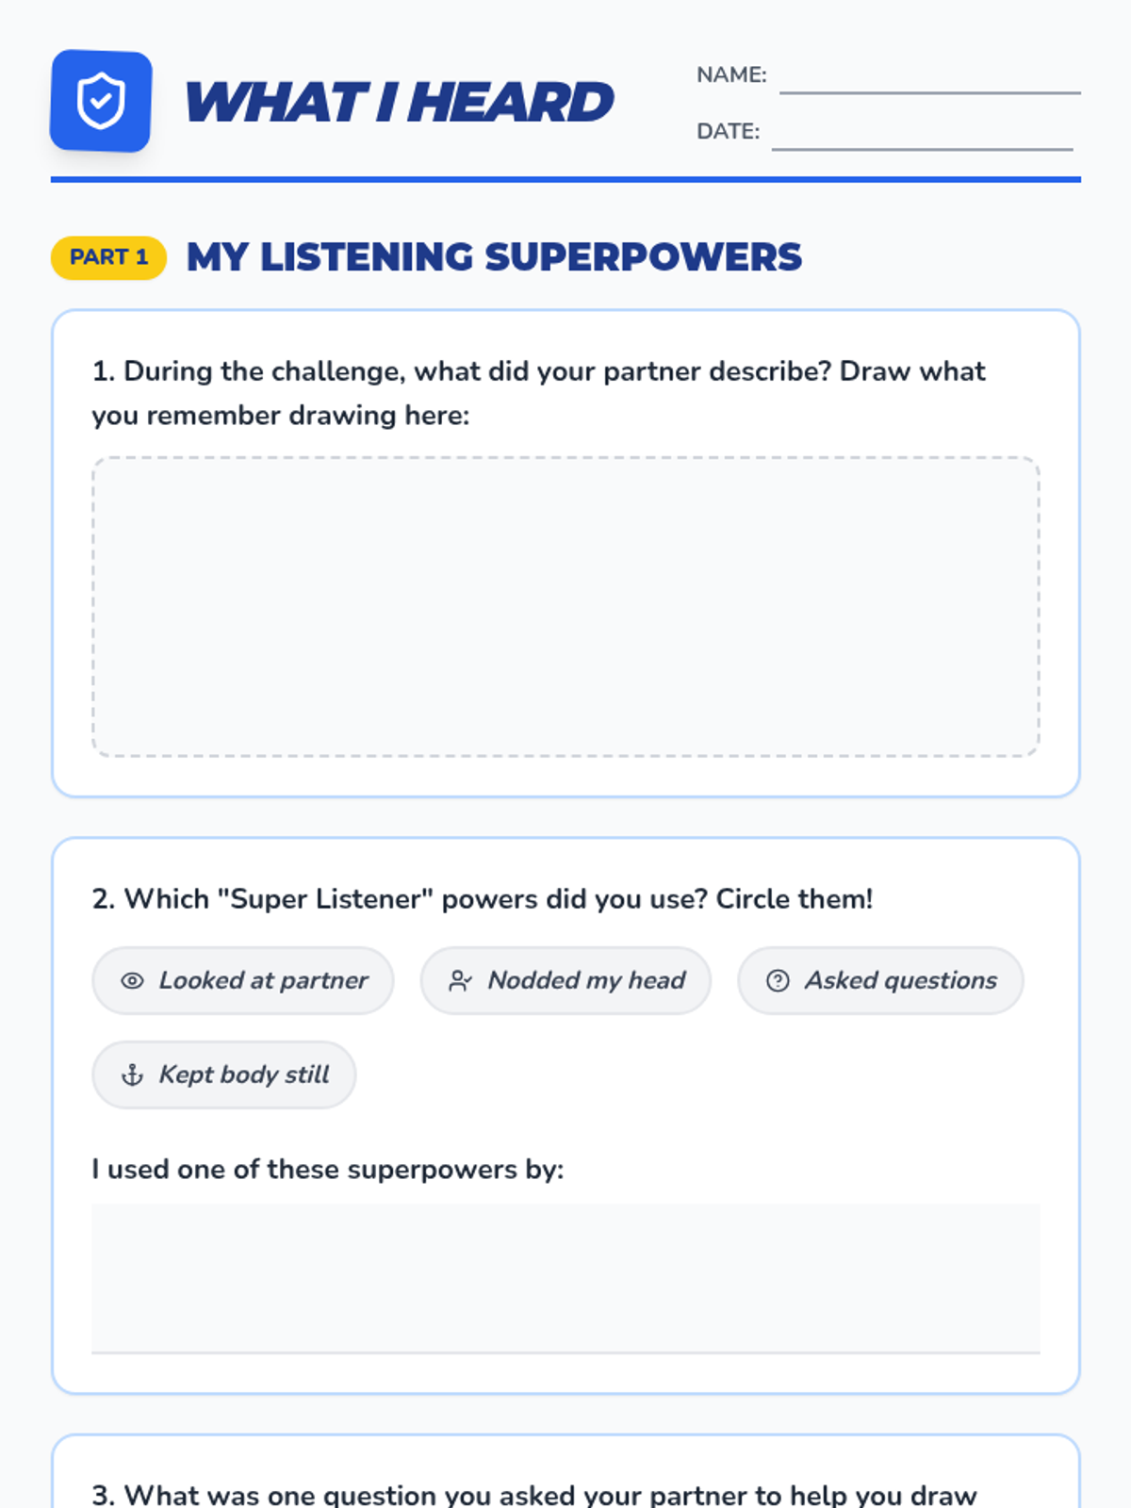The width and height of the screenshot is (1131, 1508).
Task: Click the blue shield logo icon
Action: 101,101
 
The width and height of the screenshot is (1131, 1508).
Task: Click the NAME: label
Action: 731,74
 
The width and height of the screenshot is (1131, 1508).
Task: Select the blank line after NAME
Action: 930,92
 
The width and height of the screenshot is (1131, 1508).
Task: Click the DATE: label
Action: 728,131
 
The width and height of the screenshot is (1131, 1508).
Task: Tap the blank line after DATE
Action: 923,148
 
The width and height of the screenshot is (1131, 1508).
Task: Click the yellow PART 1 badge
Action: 108,257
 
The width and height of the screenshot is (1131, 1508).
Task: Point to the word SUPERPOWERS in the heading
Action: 644,257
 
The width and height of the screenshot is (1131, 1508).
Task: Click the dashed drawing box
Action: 565,607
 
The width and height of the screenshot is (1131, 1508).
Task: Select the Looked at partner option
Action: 243,980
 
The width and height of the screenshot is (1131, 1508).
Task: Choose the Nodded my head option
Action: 565,980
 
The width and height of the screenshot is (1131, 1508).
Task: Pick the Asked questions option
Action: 880,980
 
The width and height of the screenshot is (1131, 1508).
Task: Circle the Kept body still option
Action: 224,1074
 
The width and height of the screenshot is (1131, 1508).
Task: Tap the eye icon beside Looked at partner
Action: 133,981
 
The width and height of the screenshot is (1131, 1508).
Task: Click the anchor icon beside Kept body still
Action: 133,1074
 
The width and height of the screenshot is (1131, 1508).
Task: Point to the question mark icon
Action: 779,981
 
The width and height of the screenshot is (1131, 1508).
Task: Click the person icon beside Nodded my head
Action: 460,981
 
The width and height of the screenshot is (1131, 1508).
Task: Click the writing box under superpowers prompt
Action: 565,1279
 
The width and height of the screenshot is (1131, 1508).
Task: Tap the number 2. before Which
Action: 104,899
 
